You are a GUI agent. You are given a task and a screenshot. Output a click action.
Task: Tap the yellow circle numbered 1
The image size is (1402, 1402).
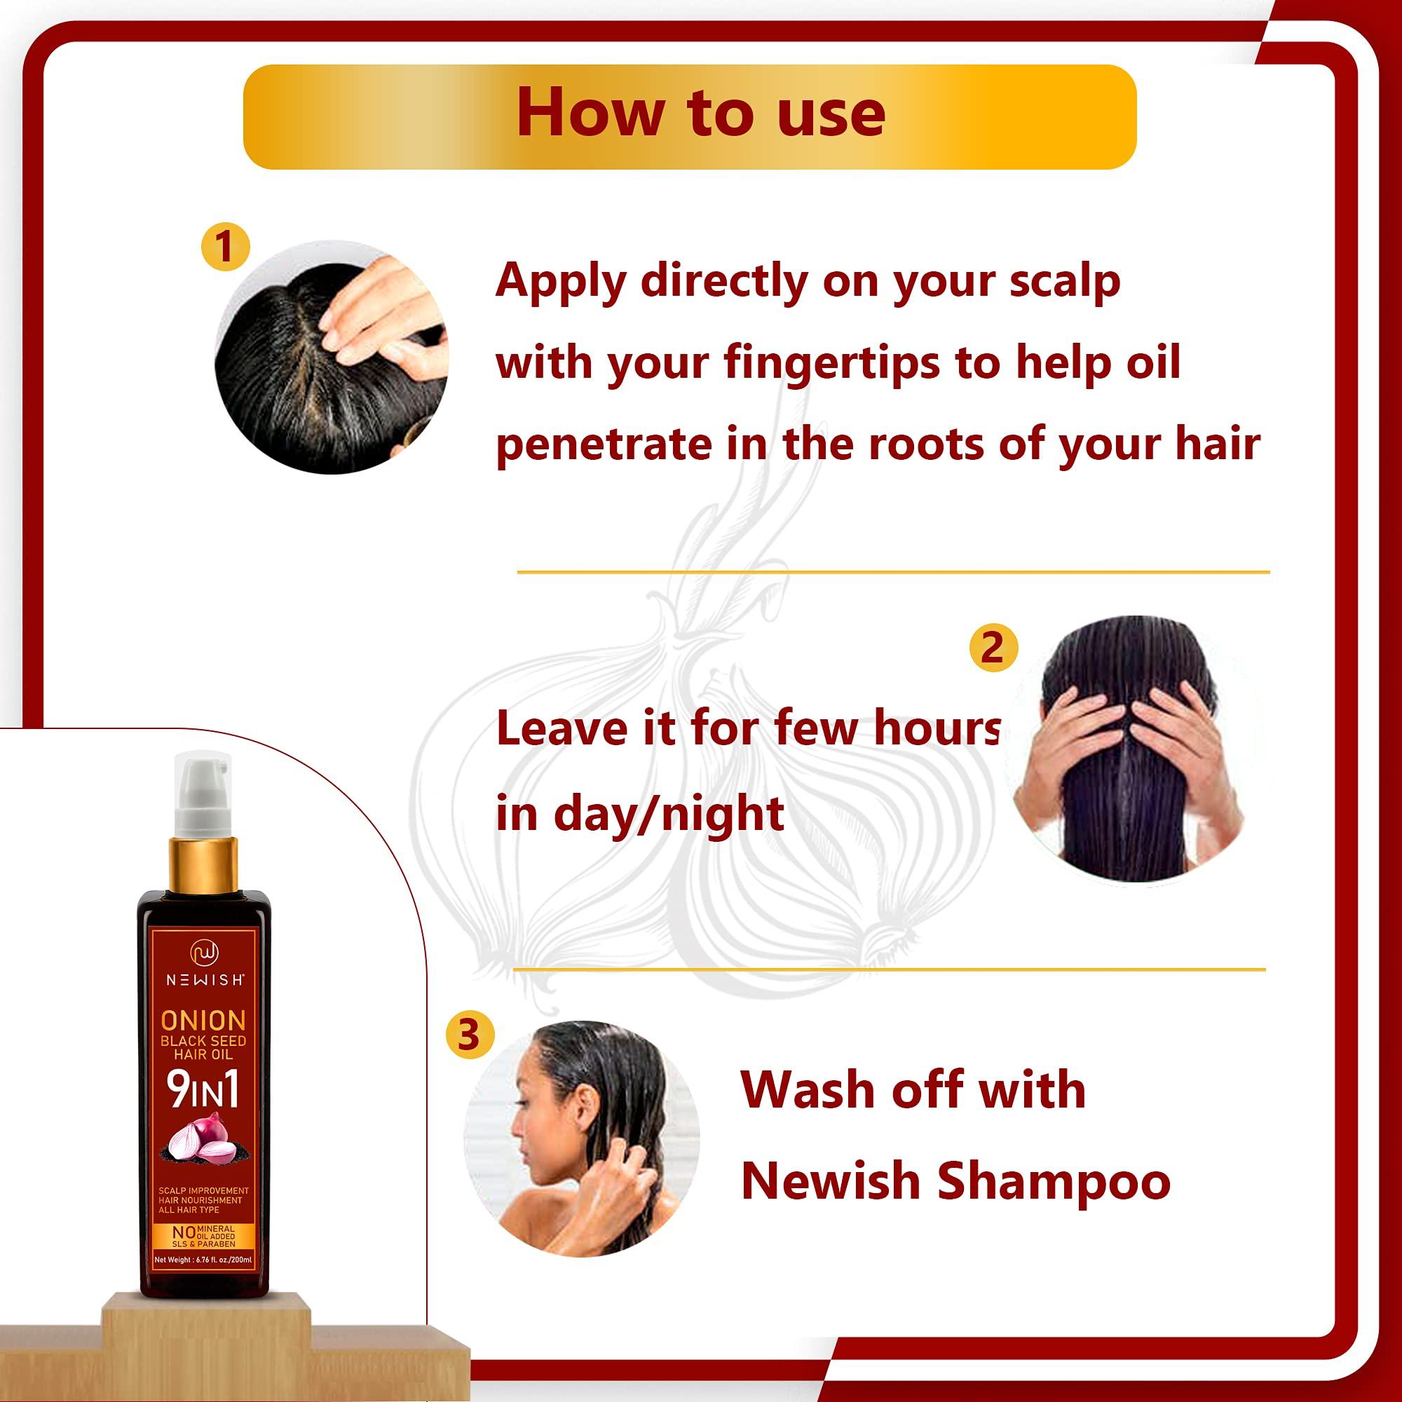[x=225, y=247]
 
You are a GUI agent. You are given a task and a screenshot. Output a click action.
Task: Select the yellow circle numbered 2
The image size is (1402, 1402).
[x=993, y=646]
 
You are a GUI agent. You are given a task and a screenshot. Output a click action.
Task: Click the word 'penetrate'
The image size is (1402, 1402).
[x=604, y=444]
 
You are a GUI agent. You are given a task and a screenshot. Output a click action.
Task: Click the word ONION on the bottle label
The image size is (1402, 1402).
[x=203, y=1020]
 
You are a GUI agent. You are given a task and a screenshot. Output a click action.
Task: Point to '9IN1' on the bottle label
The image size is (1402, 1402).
[x=203, y=1089]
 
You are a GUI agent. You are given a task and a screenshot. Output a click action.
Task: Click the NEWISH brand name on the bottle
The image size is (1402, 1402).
[x=205, y=980]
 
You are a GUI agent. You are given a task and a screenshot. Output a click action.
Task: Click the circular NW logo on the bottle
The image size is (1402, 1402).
[x=205, y=953]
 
